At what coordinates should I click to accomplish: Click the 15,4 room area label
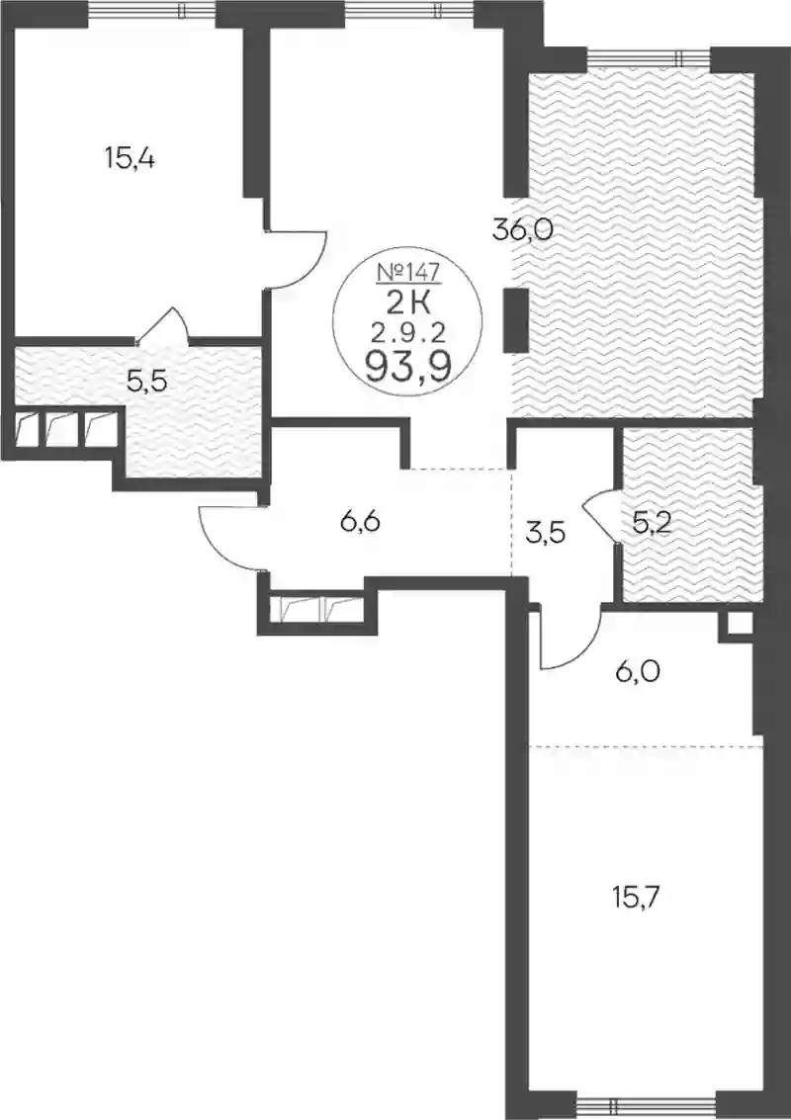130,158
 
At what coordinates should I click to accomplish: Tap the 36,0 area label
524,230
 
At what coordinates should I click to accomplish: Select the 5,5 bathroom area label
146,382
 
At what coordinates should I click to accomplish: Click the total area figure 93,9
407,367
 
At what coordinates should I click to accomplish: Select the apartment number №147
407,272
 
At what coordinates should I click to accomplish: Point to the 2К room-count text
407,305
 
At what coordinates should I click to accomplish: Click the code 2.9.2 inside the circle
407,332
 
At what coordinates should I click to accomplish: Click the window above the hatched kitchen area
648,57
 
